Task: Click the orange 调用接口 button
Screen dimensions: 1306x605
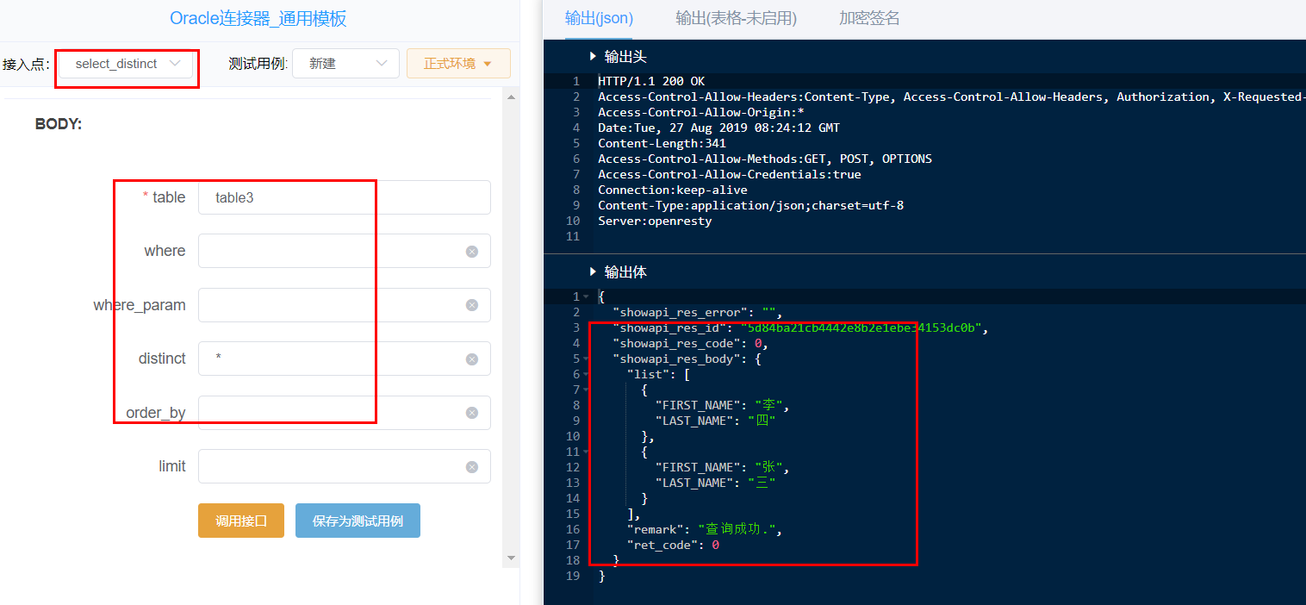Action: point(241,521)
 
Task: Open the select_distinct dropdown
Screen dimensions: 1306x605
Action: point(126,64)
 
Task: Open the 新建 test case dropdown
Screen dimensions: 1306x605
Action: point(345,64)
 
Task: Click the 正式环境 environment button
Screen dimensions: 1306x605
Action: point(458,64)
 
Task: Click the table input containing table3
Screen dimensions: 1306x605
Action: point(344,197)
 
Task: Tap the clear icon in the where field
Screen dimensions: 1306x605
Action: point(472,252)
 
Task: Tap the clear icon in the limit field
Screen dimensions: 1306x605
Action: point(472,467)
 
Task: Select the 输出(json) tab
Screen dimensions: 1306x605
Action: point(599,18)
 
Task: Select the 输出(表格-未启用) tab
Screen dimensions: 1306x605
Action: point(736,18)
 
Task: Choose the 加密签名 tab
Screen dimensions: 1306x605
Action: point(868,18)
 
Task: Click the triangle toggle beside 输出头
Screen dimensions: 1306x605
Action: point(593,56)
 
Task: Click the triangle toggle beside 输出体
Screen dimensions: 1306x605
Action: point(593,271)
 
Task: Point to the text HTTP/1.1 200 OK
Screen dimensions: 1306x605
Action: point(651,81)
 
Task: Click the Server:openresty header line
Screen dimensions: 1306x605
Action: point(655,221)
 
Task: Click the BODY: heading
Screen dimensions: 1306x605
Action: point(59,124)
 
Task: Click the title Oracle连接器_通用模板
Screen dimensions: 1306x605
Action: point(258,19)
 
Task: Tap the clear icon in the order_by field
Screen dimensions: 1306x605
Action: point(472,413)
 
